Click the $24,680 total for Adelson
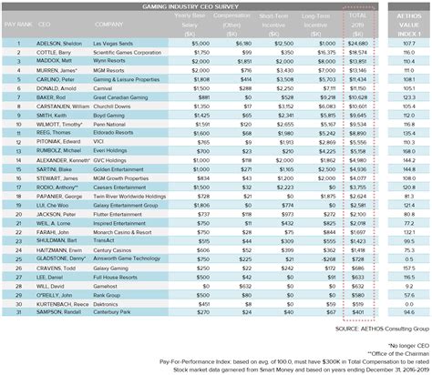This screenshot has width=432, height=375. point(358,44)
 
